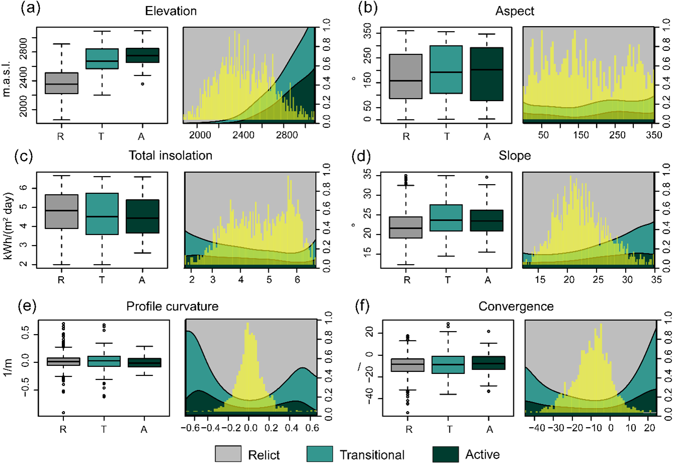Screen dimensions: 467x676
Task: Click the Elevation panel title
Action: (171, 11)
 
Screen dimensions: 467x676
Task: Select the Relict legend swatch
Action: (228, 454)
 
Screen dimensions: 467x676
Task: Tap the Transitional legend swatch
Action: (320, 454)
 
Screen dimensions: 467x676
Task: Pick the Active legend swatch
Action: (445, 454)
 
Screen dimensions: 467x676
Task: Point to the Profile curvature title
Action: (172, 306)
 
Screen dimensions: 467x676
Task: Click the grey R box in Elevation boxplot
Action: (61, 83)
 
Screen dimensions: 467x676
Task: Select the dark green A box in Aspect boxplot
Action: (487, 74)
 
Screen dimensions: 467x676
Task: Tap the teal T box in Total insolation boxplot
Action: (102, 214)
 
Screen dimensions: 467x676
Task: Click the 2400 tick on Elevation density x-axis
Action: (243, 135)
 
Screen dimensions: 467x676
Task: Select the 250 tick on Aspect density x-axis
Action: (617, 135)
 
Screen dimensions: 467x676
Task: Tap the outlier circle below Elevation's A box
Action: (142, 84)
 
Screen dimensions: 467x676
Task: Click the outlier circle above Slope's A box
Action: (487, 177)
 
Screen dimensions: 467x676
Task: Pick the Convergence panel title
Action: (515, 306)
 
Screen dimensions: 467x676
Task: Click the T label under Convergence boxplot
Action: (449, 429)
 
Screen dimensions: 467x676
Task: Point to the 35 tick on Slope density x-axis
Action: (656, 279)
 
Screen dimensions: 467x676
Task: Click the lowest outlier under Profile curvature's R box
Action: (63, 413)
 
